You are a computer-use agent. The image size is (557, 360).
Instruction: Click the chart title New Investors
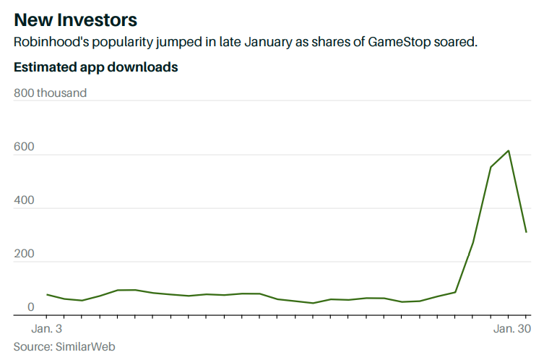pyautogui.click(x=75, y=18)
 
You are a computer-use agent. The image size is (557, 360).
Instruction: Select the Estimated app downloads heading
pyautogui.click(x=96, y=67)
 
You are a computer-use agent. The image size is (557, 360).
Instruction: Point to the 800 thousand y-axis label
pyautogui.click(x=51, y=93)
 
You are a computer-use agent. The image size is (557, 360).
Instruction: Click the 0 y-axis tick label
pyautogui.click(x=30, y=307)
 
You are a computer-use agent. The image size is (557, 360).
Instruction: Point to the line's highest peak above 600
pyautogui.click(x=509, y=150)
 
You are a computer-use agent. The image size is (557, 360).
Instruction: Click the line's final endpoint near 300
pyautogui.click(x=527, y=232)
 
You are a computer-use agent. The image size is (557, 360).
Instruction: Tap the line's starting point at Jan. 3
pyautogui.click(x=47, y=294)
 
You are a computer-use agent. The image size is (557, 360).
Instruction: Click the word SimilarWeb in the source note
pyautogui.click(x=85, y=347)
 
